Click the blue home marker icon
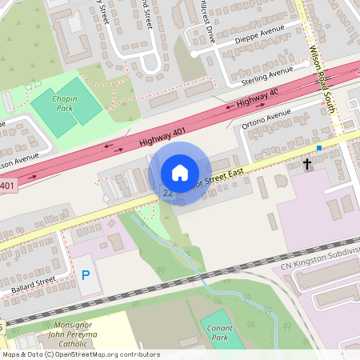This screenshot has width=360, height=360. [x=180, y=172]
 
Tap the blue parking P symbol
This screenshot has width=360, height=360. [x=86, y=276]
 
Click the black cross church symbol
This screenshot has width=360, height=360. [x=306, y=164]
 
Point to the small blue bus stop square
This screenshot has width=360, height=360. [x=318, y=148]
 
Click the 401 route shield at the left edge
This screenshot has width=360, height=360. [x=6, y=186]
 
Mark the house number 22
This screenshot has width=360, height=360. [x=168, y=193]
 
